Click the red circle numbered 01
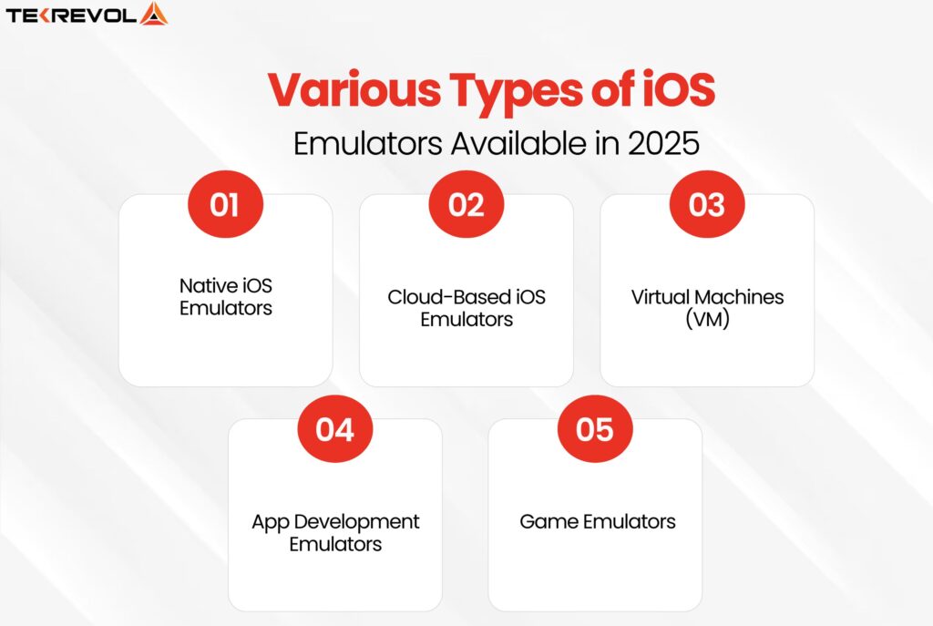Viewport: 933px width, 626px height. pyautogui.click(x=224, y=205)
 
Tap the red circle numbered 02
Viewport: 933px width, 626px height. pyautogui.click(x=466, y=205)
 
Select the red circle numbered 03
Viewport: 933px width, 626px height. pyautogui.click(x=706, y=205)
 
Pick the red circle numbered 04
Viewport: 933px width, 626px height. pyautogui.click(x=334, y=429)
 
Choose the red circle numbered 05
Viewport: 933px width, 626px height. pyautogui.click(x=594, y=429)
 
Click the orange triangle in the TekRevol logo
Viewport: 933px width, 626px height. pyautogui.click(x=155, y=14)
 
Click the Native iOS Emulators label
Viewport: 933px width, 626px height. pyautogui.click(x=225, y=296)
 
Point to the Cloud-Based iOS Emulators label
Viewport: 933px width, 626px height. pyautogui.click(x=466, y=308)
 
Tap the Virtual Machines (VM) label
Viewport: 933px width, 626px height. pyautogui.click(x=707, y=308)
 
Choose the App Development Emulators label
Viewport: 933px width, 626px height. pyautogui.click(x=335, y=532)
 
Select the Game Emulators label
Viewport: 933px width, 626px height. pyautogui.click(x=598, y=522)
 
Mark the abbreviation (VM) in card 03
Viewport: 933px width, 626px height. pyautogui.click(x=707, y=320)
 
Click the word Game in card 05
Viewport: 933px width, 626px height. pyautogui.click(x=545, y=522)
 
